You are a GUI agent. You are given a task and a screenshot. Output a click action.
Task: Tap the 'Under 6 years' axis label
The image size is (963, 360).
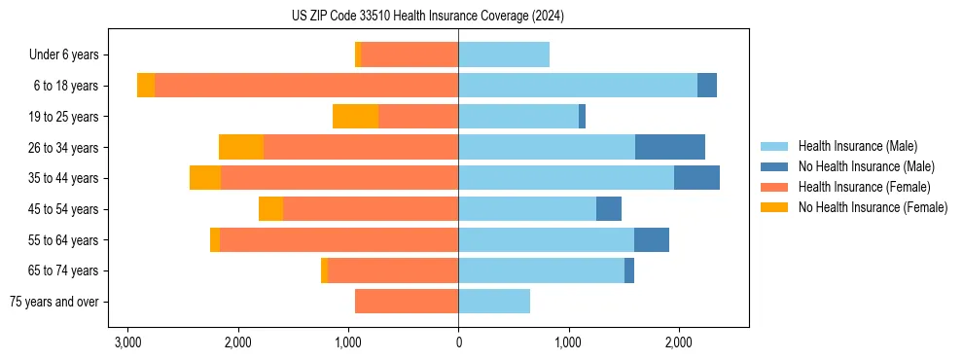[x=69, y=55]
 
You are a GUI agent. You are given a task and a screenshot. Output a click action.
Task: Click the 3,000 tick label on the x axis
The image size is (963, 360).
[x=127, y=342]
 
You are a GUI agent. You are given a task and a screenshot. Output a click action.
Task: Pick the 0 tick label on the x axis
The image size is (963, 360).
[x=458, y=342]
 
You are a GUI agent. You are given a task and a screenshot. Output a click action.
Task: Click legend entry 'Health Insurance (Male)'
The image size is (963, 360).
[x=857, y=146]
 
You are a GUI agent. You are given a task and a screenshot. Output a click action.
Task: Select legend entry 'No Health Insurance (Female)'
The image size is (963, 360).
[x=873, y=207]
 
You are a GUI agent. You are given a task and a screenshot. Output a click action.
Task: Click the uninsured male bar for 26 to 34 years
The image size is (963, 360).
[x=670, y=147]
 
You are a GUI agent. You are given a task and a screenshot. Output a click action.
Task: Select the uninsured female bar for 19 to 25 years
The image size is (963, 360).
[x=355, y=117]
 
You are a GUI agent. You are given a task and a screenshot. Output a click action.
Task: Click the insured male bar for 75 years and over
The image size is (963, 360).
[x=494, y=302]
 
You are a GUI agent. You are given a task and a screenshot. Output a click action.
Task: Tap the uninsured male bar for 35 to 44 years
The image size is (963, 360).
[x=696, y=178]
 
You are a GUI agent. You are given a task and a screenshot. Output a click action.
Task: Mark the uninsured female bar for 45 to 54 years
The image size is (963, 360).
[x=270, y=209]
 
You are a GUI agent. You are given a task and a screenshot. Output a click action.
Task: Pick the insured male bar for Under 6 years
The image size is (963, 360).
[x=504, y=55]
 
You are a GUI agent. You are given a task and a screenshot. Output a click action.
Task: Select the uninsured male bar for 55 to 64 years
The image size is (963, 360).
[x=652, y=240]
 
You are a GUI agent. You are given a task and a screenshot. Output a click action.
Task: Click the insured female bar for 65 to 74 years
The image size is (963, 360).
[x=393, y=270]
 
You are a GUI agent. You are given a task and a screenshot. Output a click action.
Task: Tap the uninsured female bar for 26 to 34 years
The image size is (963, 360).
[x=241, y=147]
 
